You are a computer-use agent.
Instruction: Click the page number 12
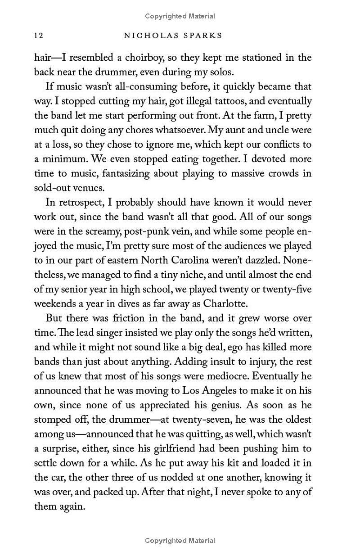[x=38, y=36]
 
